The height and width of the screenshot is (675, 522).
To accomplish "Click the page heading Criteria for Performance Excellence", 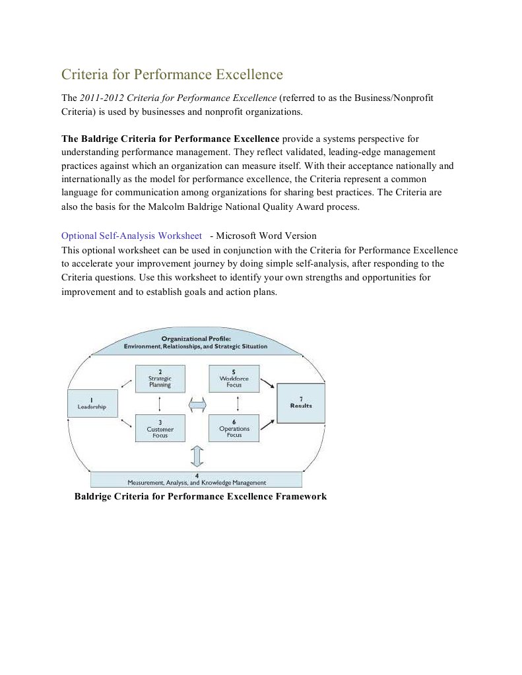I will pyautogui.click(x=172, y=74).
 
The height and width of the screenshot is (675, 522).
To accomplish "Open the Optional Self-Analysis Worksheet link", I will pyautogui.click(x=131, y=236).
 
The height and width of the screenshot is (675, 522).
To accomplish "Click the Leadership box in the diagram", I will pyautogui.click(x=92, y=403).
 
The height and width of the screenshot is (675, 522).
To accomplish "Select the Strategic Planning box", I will pyautogui.click(x=160, y=379).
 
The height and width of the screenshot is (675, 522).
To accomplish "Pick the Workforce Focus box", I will pyautogui.click(x=234, y=379).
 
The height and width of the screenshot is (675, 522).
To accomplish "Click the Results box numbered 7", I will pyautogui.click(x=301, y=402).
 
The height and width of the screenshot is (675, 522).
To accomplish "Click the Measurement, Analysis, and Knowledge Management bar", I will pyautogui.click(x=196, y=479).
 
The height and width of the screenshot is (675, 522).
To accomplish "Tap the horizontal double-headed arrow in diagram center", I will pyautogui.click(x=197, y=403).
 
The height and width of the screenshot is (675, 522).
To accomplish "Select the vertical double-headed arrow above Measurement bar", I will pyautogui.click(x=197, y=456).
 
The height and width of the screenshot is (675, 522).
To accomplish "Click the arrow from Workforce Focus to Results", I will pyautogui.click(x=267, y=383).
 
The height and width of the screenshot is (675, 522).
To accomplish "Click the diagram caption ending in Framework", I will pyautogui.click(x=201, y=496).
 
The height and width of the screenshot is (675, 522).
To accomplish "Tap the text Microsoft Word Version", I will pyautogui.click(x=266, y=236).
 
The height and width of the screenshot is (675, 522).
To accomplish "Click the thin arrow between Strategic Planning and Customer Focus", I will pyautogui.click(x=160, y=403).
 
